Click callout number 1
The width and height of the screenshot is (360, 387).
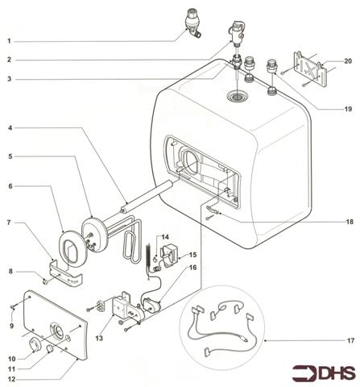(x=10, y=40)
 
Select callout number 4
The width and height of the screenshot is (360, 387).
(x=10, y=127)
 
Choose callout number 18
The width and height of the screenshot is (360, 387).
(x=348, y=219)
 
